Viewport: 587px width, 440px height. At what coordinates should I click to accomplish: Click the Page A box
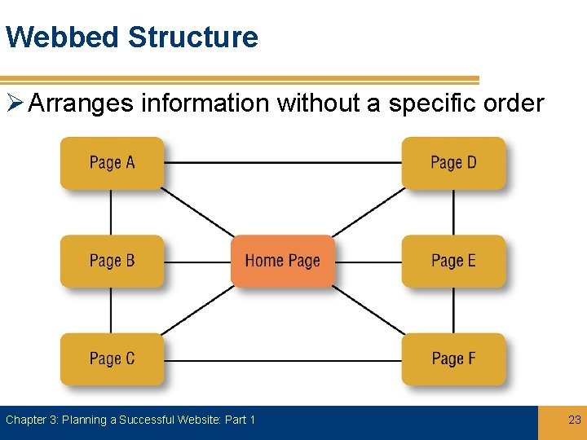112,163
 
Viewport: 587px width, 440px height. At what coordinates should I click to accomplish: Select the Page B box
112,261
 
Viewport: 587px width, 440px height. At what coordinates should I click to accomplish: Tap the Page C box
112,359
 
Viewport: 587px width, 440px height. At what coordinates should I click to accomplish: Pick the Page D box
453,163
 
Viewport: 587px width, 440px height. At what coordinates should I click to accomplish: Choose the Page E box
453,261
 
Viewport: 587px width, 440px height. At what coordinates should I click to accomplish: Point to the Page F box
453,359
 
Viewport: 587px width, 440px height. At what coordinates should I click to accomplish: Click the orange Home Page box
282,261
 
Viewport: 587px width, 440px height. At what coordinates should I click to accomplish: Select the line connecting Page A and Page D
282,163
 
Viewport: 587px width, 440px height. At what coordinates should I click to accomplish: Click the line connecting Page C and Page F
282,360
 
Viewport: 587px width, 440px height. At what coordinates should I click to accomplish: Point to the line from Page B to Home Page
197,262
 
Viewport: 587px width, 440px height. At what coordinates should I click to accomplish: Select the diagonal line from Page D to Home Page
369,212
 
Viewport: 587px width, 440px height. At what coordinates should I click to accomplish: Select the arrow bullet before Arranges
14,104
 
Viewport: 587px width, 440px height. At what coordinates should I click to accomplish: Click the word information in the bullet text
205,103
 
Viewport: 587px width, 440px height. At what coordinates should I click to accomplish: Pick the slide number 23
574,420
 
